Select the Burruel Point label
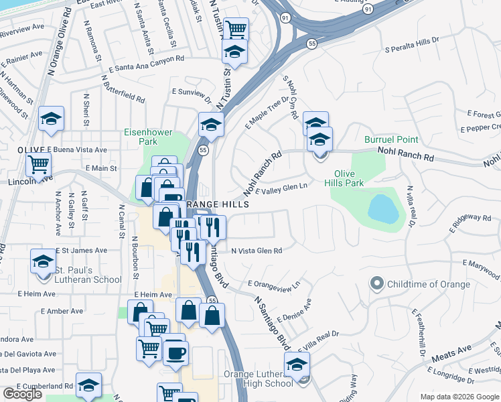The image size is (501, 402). (391, 139)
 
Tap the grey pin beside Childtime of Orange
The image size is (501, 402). (377, 284)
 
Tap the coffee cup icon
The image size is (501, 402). (176, 352)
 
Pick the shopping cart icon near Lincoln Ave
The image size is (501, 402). (39, 163)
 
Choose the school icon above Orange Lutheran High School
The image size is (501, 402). (297, 365)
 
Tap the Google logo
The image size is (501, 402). (23, 394)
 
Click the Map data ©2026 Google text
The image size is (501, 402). (459, 397)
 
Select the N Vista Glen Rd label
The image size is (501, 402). (257, 251)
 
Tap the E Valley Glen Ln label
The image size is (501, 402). (281, 189)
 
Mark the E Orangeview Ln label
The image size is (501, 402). (273, 286)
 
